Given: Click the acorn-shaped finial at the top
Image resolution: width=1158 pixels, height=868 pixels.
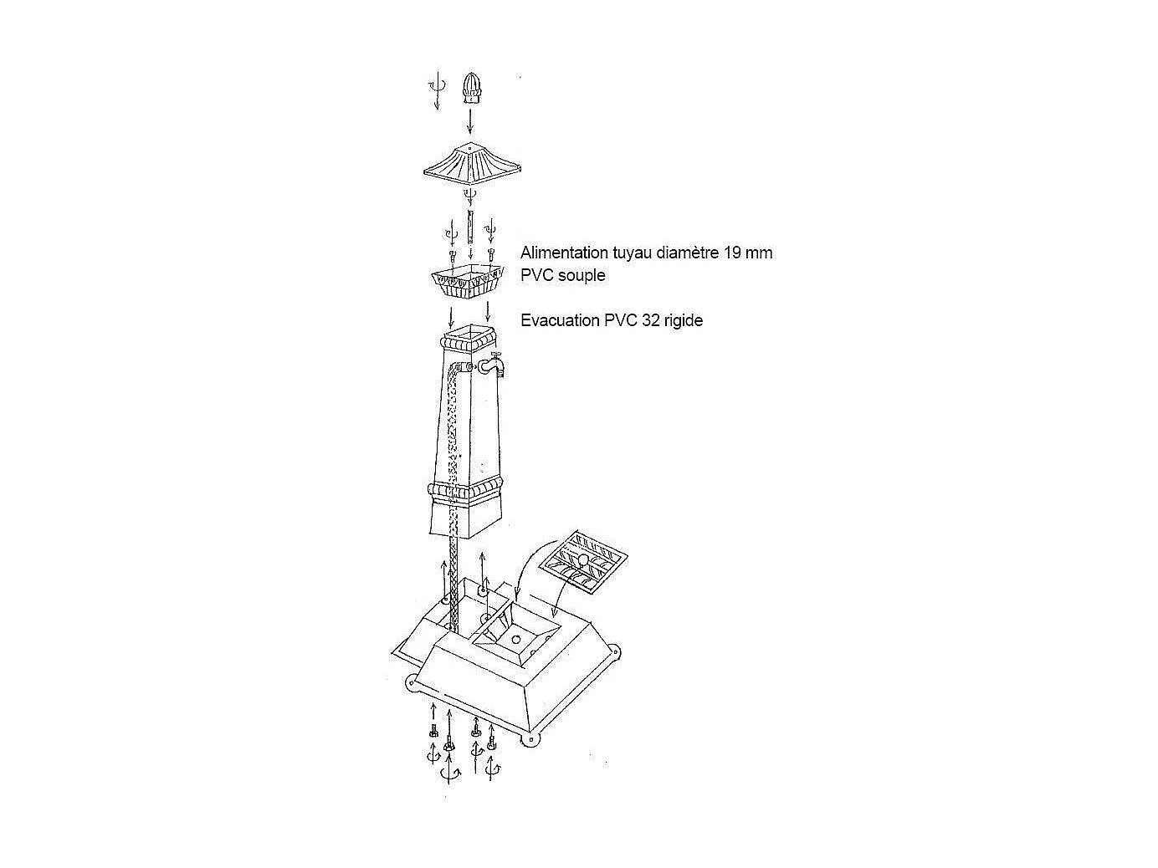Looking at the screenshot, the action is [x=472, y=89].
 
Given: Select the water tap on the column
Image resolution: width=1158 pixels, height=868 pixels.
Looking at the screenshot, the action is [x=492, y=365].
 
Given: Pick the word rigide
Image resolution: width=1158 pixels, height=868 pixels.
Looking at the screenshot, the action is [x=684, y=320].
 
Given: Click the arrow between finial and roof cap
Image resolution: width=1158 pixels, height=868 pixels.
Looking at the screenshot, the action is [x=470, y=121].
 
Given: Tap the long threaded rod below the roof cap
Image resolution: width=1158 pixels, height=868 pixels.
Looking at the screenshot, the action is [x=470, y=227].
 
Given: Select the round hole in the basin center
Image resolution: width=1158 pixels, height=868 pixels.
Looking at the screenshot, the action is [x=516, y=639].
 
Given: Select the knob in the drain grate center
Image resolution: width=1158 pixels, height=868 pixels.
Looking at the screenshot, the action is [x=582, y=560].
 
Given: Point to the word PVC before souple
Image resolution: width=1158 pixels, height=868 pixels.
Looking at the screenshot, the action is [x=538, y=276].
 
